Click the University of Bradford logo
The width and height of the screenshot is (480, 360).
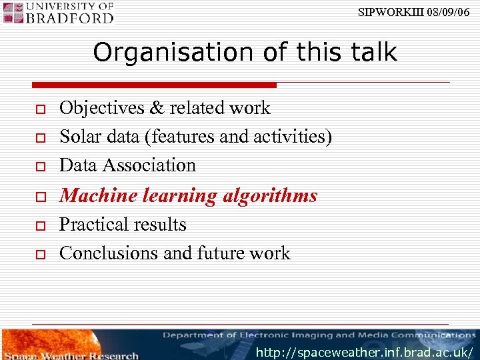(58, 12)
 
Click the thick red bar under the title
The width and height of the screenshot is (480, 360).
(154, 85)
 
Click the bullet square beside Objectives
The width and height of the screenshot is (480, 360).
(40, 109)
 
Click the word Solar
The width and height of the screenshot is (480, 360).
(79, 137)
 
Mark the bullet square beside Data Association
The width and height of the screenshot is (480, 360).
(40, 166)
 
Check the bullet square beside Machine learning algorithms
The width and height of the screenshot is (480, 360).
(40, 197)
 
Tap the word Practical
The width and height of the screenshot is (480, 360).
(93, 225)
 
